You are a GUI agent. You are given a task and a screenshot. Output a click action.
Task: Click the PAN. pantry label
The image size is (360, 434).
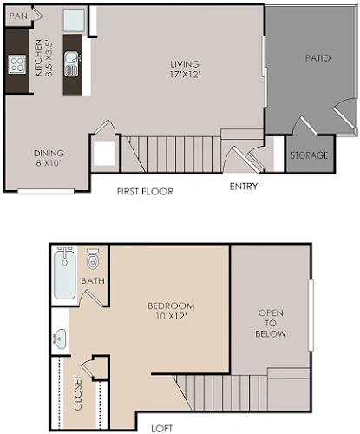[19, 16]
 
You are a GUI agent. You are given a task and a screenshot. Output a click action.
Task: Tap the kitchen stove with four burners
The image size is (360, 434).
[17, 64]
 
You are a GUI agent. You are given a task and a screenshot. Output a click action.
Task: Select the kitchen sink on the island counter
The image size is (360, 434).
[72, 64]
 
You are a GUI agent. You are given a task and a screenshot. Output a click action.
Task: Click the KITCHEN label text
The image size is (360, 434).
[39, 58]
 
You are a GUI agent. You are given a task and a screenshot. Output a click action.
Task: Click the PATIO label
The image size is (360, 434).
[317, 58]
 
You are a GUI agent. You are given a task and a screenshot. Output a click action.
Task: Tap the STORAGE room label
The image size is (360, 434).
[310, 155]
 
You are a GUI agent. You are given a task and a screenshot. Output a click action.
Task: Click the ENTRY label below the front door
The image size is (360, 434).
[244, 187]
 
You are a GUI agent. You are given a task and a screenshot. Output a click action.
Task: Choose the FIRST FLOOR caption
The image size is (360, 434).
[145, 191]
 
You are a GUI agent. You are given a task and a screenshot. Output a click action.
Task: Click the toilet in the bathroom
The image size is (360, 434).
[93, 259]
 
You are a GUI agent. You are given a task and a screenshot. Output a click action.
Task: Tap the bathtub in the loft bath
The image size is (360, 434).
[65, 273]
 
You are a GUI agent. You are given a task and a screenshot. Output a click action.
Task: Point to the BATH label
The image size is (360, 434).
[93, 280]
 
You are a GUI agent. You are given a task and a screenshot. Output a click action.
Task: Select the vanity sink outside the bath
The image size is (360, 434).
[59, 339]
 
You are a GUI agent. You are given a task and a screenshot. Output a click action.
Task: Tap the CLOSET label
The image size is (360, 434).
[78, 393]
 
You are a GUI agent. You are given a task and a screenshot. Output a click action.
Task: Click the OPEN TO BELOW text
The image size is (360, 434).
[271, 323]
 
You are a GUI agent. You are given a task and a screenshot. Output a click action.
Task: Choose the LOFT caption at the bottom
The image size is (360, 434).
[162, 428]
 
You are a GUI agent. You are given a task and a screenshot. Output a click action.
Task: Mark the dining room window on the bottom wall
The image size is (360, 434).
[46, 191]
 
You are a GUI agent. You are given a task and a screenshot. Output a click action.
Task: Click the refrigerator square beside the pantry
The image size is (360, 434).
[74, 20]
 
